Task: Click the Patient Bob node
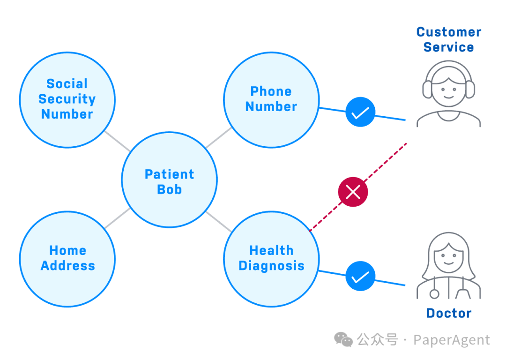(x=170, y=180)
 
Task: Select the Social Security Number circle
(x=67, y=100)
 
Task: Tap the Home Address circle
(x=67, y=259)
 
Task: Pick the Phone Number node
(x=271, y=100)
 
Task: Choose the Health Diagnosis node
(x=271, y=259)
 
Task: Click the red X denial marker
(x=353, y=192)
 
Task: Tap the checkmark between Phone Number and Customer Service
(x=360, y=112)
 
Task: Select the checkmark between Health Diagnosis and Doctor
(x=360, y=276)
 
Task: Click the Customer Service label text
(x=448, y=39)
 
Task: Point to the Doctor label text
(x=448, y=313)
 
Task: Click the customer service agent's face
(x=448, y=91)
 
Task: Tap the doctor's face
(x=448, y=257)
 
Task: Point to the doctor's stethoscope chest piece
(x=434, y=294)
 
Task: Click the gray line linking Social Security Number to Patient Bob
(x=118, y=141)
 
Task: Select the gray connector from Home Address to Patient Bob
(x=118, y=218)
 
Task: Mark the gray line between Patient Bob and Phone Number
(x=218, y=137)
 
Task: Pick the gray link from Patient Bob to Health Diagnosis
(x=218, y=222)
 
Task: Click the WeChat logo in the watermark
(x=343, y=340)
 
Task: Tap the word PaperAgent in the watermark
(x=452, y=340)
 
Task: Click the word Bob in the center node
(x=170, y=189)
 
